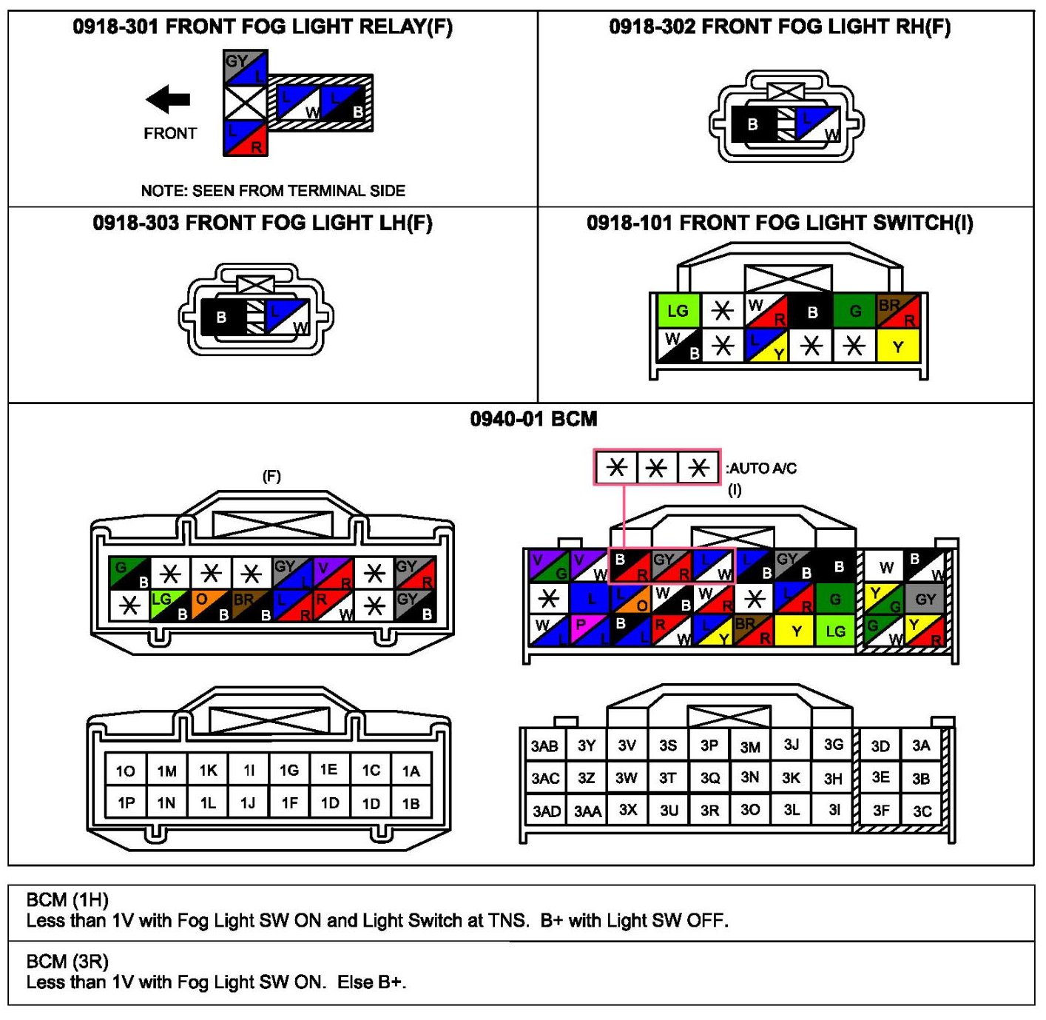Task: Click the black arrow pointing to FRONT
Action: (x=168, y=99)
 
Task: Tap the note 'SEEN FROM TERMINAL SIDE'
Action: (x=273, y=191)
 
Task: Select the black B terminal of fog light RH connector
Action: (x=752, y=124)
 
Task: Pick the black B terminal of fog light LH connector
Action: (x=221, y=318)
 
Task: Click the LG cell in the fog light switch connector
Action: (x=678, y=311)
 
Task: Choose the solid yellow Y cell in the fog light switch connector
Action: (x=897, y=346)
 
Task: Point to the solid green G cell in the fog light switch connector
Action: (x=855, y=311)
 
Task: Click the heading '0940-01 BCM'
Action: (x=533, y=419)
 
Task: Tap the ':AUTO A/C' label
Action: (x=761, y=469)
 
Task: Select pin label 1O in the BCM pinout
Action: (x=125, y=771)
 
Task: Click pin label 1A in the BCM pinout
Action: (x=411, y=771)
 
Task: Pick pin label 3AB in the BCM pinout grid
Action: (x=544, y=746)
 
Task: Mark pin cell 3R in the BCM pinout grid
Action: (x=709, y=811)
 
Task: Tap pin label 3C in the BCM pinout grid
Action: (x=922, y=811)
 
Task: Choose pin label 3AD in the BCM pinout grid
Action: (x=546, y=811)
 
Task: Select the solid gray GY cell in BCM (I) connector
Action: (x=925, y=599)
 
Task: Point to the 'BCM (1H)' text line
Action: (x=67, y=900)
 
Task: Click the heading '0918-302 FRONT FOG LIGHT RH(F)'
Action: (x=780, y=27)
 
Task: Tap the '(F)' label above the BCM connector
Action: (x=272, y=476)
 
